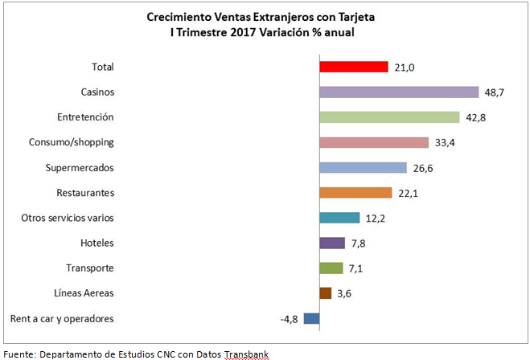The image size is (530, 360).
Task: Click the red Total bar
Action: (353, 67)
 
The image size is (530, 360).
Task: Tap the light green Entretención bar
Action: (389, 117)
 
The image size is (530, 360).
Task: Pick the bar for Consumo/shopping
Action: (374, 142)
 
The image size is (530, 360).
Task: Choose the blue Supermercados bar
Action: (363, 167)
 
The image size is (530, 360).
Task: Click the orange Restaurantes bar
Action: (355, 193)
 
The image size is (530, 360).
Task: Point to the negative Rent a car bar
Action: (311, 318)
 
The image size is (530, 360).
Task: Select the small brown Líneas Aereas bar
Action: (325, 293)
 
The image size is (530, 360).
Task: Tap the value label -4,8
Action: (290, 319)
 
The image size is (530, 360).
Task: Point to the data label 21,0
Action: (403, 67)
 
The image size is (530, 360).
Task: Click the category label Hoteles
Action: (97, 243)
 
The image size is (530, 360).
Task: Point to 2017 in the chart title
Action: (237, 32)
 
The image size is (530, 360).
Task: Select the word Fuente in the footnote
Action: (17, 354)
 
